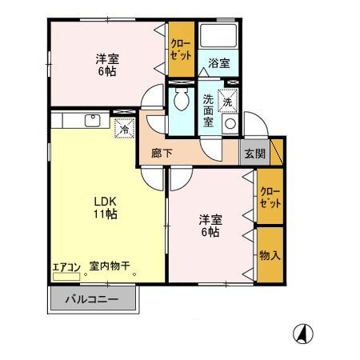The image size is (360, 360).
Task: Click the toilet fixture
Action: [180, 99]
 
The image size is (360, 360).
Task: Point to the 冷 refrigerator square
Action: [124, 128]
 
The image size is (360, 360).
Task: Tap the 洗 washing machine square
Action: [228, 102]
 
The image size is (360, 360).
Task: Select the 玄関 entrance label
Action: [255, 154]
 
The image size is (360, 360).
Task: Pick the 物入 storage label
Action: [270, 255]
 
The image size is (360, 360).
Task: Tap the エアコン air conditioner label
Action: [66, 267]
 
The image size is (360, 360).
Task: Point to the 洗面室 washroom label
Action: [208, 110]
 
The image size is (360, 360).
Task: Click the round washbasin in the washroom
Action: [230, 124]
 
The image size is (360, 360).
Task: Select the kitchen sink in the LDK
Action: [93, 122]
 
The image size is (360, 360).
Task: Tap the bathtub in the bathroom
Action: [218, 37]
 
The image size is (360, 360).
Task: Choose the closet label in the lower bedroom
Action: [269, 197]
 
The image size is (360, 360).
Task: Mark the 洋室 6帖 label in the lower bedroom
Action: [210, 226]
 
